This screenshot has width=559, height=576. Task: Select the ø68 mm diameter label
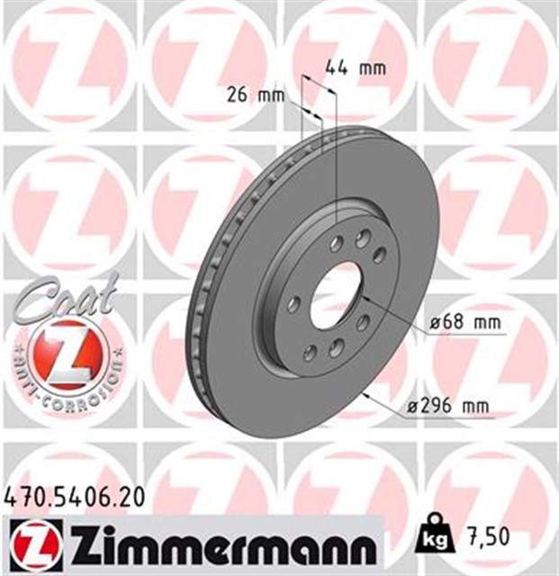click(x=455, y=322)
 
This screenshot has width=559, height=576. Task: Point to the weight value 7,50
click(x=487, y=536)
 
